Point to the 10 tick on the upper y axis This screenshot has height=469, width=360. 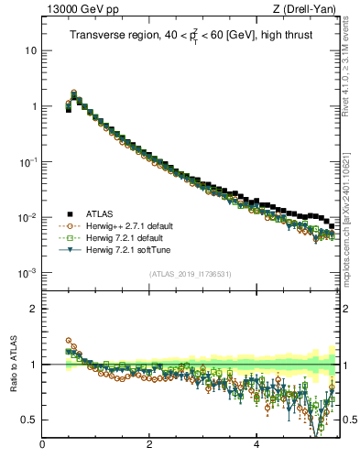click(x=30, y=50)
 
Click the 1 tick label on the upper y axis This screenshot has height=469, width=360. click(x=33, y=106)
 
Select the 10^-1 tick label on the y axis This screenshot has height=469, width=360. click(x=28, y=162)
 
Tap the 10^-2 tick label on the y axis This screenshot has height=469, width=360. click(x=28, y=218)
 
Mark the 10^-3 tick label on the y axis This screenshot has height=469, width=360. click(x=28, y=274)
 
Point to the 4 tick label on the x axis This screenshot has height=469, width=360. click(x=256, y=446)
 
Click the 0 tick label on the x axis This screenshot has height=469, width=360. click(x=43, y=446)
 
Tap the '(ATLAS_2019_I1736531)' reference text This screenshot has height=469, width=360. click(x=191, y=274)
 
